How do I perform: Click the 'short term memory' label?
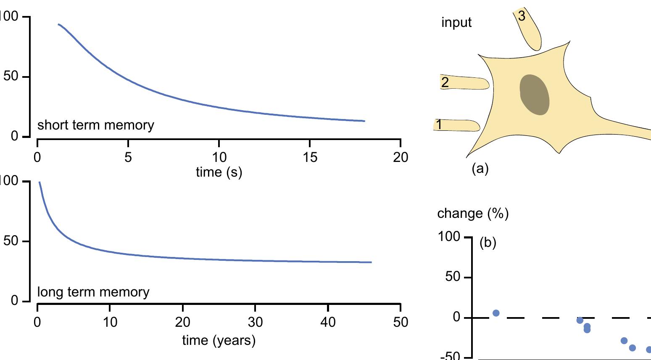(x=96, y=125)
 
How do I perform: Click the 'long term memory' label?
(x=93, y=292)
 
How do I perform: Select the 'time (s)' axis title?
(x=219, y=172)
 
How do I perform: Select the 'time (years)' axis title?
(x=219, y=340)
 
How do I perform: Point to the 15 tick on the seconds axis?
(x=310, y=157)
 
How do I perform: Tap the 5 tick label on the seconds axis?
(x=128, y=157)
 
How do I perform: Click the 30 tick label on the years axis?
(x=255, y=322)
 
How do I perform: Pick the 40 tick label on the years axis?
(x=328, y=322)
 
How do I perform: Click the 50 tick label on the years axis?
(x=401, y=322)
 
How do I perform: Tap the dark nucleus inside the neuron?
(x=535, y=95)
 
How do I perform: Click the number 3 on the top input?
(x=522, y=16)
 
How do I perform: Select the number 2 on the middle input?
(x=445, y=82)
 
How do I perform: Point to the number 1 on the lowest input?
(x=439, y=125)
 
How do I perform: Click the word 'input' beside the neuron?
(x=456, y=22)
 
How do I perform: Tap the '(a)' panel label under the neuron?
(x=480, y=169)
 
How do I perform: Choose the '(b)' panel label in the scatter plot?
(x=488, y=243)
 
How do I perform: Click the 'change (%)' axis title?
(x=473, y=214)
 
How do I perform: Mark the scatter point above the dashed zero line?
(x=496, y=313)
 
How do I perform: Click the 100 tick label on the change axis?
(x=449, y=237)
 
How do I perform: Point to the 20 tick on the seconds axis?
(x=401, y=157)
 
